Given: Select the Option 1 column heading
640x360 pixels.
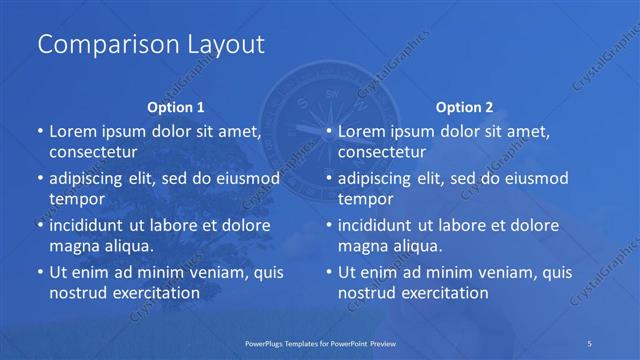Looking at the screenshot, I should (x=176, y=106).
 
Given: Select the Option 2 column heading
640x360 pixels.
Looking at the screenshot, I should (x=465, y=106).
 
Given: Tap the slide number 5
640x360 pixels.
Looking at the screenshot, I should (x=590, y=342).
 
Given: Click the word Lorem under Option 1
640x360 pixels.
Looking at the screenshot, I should (x=72, y=131).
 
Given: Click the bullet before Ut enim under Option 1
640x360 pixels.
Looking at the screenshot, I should (x=39, y=272).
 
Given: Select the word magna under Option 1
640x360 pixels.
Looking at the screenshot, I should (x=72, y=246).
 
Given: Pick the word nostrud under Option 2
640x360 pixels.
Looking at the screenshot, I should (x=366, y=292).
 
